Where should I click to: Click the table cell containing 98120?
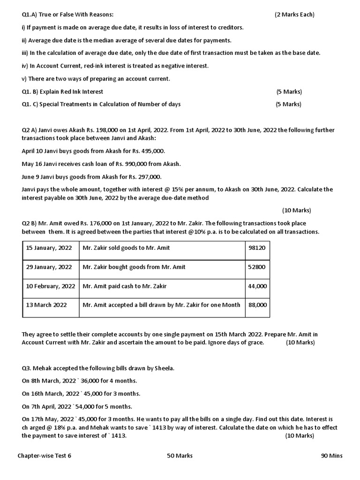click(x=257, y=247)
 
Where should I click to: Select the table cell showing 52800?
click(x=257, y=267)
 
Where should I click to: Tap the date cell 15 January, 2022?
click(x=49, y=247)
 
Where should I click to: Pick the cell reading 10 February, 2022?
click(x=51, y=286)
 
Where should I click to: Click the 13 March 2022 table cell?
click(x=46, y=305)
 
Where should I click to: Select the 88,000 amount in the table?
click(x=257, y=305)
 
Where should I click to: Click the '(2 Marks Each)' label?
click(x=294, y=15)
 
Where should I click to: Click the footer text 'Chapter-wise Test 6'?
click(x=45, y=456)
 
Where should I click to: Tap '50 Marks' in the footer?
click(x=180, y=456)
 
